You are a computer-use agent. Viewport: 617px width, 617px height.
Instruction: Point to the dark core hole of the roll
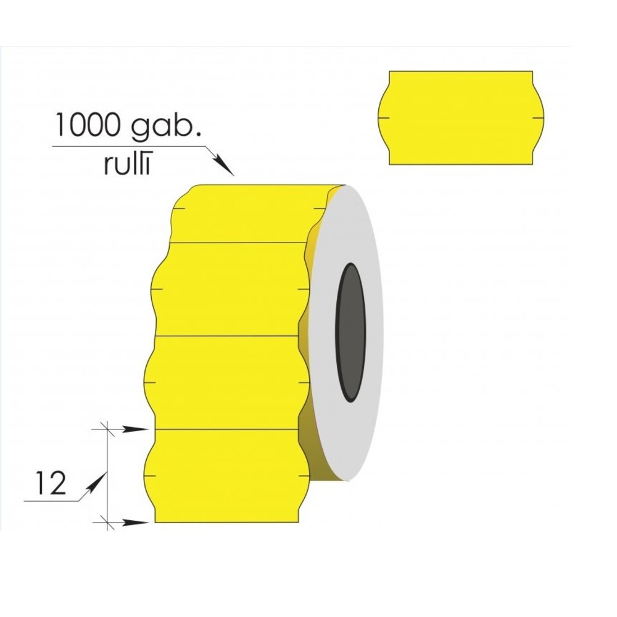coord(350,333)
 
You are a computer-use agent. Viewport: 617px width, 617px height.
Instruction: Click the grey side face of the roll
coord(346,333)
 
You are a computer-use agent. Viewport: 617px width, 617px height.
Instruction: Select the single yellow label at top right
coord(461,118)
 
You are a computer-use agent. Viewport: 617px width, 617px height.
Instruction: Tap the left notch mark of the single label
coord(384,118)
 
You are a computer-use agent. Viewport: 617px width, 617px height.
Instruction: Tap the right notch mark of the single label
coord(538,118)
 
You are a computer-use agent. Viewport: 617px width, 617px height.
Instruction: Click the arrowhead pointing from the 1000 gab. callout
coord(223,165)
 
